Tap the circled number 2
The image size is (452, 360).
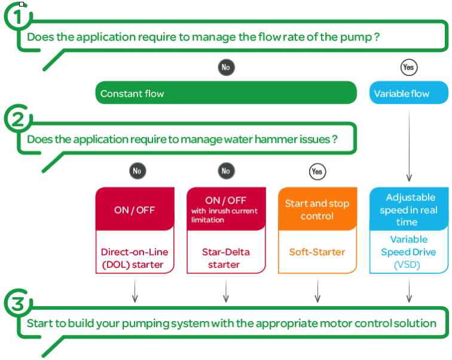pos(18,119)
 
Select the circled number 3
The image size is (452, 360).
pos(18,303)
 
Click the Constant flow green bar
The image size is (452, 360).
pos(226,93)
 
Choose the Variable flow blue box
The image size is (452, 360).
pos(409,93)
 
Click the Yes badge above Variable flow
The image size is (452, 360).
pos(409,68)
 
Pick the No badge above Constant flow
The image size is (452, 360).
pos(226,68)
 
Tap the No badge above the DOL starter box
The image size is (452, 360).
pos(138,171)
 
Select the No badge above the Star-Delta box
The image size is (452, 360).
pos(226,171)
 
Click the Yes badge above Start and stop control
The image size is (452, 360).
pos(317,172)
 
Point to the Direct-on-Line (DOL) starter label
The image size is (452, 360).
pos(135,258)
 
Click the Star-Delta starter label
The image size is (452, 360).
pos(226,258)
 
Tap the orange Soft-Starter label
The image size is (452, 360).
pos(317,252)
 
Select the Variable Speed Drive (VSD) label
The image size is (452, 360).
pos(408,252)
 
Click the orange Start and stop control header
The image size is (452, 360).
pos(317,209)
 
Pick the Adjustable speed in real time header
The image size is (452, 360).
pos(409,209)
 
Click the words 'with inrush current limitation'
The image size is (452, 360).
pos(224,215)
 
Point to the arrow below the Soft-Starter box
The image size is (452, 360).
pos(317,291)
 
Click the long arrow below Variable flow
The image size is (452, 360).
pos(409,145)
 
